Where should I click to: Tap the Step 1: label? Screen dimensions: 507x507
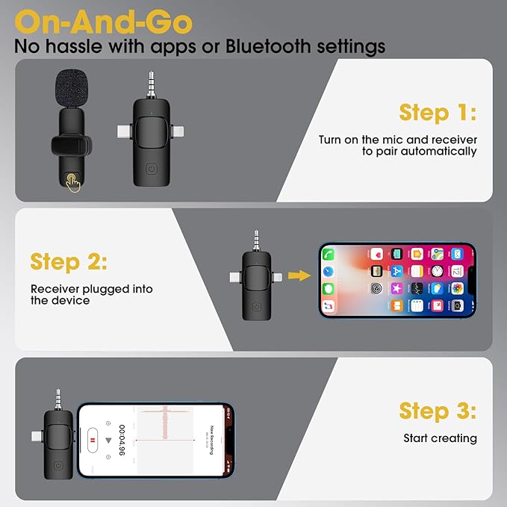[438, 113]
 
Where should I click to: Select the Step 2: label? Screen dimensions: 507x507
[69, 262]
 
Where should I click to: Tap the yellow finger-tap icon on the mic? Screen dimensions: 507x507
[72, 181]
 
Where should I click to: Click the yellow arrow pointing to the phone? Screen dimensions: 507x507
[299, 276]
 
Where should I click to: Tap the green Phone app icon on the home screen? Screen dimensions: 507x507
[329, 255]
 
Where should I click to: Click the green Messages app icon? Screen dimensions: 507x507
[329, 289]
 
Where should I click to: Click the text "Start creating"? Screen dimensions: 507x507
[440, 438]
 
